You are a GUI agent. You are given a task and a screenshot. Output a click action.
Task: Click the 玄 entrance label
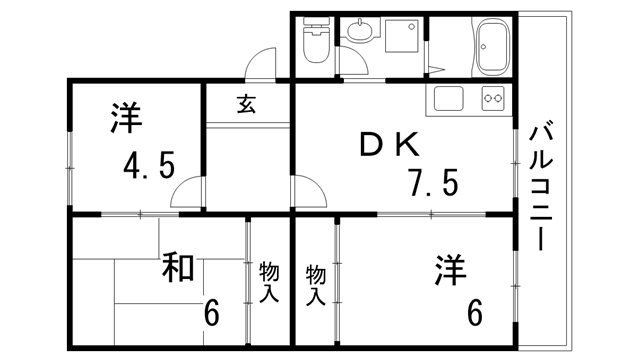point(246,103)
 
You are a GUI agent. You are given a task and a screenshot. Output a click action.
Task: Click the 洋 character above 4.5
point(124,118)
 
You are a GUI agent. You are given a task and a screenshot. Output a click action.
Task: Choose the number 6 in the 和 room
point(212,313)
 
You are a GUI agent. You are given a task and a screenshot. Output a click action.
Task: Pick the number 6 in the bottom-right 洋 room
point(474,313)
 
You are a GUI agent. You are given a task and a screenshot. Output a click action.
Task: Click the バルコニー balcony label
point(544,185)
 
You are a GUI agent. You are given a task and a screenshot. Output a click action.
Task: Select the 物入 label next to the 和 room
point(268,282)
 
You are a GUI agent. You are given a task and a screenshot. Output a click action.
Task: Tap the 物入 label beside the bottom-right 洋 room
point(316,284)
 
